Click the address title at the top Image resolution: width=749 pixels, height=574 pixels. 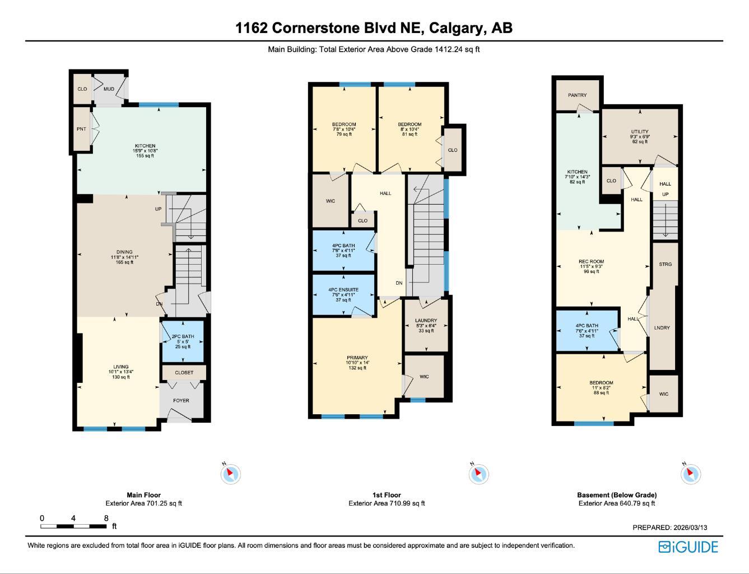coord(374,27)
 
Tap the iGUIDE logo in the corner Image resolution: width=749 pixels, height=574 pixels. coord(688,547)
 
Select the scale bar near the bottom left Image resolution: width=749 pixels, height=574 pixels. coord(73,526)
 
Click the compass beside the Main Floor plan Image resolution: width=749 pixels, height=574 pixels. coord(230,474)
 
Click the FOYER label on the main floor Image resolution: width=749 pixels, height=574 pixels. coord(181,400)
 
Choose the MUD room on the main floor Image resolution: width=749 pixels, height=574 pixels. coord(109,89)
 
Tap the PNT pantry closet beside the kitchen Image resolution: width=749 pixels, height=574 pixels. coord(82,129)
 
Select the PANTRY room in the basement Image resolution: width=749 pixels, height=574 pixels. coord(577,95)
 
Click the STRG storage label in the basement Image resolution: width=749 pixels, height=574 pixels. coord(665,264)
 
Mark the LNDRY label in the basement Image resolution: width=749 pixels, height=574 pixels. coord(662,328)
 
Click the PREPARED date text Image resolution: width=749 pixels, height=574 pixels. coord(669,527)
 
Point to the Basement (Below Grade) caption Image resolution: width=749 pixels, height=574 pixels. coord(617,495)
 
